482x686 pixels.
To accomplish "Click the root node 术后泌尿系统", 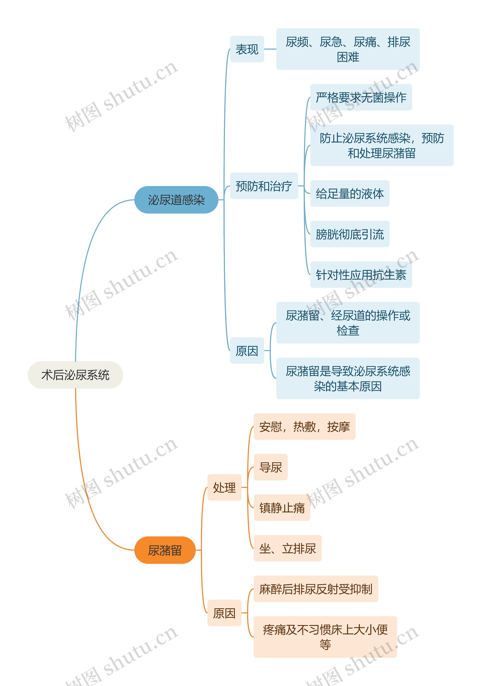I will tap(75, 375).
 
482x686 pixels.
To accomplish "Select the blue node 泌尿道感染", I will tap(176, 200).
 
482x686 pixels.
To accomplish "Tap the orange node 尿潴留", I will tap(165, 550).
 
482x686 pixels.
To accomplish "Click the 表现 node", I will tap(247, 49).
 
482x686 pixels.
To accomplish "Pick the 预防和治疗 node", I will tap(264, 186).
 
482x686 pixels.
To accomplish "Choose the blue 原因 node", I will tap(247, 351).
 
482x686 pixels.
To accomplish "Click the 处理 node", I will tap(224, 487).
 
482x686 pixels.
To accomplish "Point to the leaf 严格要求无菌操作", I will tap(361, 97).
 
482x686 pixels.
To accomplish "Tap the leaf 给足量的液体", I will tap(350, 193).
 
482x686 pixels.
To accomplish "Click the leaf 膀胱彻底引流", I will tap(350, 234).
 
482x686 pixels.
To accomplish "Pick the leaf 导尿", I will tap(271, 467).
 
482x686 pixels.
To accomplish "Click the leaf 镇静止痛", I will tap(282, 508).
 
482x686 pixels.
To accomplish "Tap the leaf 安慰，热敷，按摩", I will tap(304, 426).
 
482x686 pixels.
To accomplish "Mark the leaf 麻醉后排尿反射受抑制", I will tap(316, 589).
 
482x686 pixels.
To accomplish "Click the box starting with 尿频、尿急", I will tap(348, 49).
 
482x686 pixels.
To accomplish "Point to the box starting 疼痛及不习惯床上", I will tap(325, 637).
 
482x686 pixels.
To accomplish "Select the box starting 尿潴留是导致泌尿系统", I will tap(348, 378).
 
